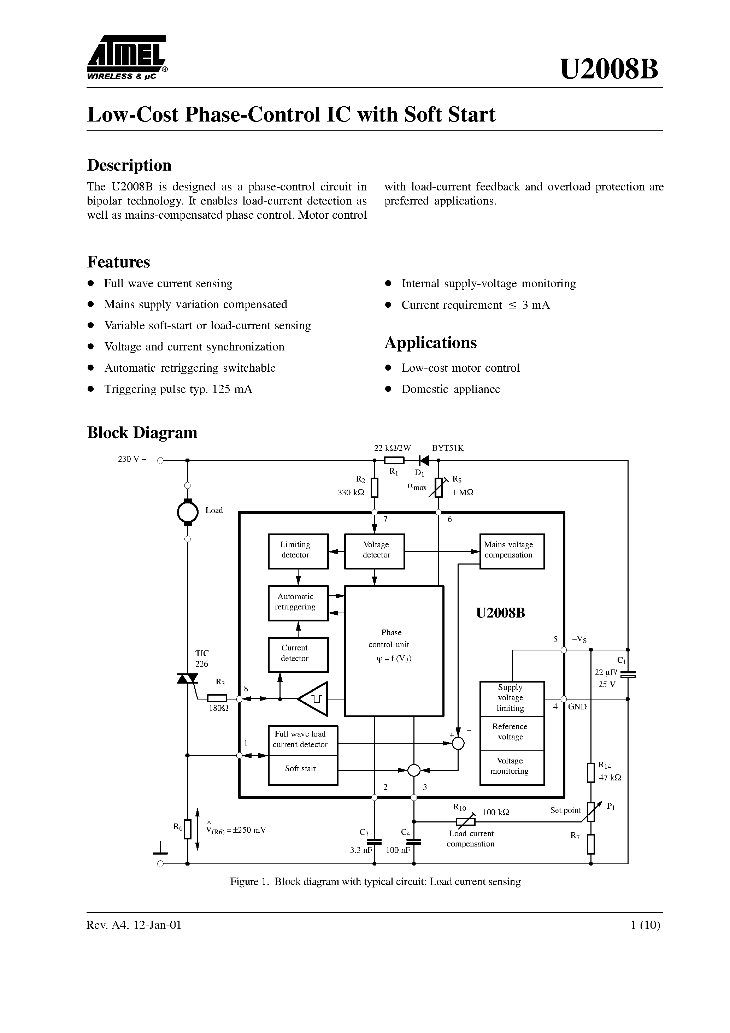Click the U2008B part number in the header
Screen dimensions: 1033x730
coord(609,69)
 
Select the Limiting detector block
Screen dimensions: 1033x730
coord(298,551)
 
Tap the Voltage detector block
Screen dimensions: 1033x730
coord(375,551)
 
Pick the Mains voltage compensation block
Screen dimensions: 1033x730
coord(512,551)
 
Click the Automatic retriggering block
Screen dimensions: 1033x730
coord(298,603)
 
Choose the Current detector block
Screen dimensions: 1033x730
coord(298,655)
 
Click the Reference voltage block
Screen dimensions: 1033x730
coord(512,732)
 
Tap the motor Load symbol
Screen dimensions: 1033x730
coord(188,512)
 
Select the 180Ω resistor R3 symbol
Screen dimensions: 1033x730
coord(217,698)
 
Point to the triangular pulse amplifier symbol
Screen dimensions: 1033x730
coord(314,699)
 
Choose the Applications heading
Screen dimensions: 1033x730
coord(430,343)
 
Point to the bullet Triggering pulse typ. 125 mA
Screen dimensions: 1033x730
coord(178,389)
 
